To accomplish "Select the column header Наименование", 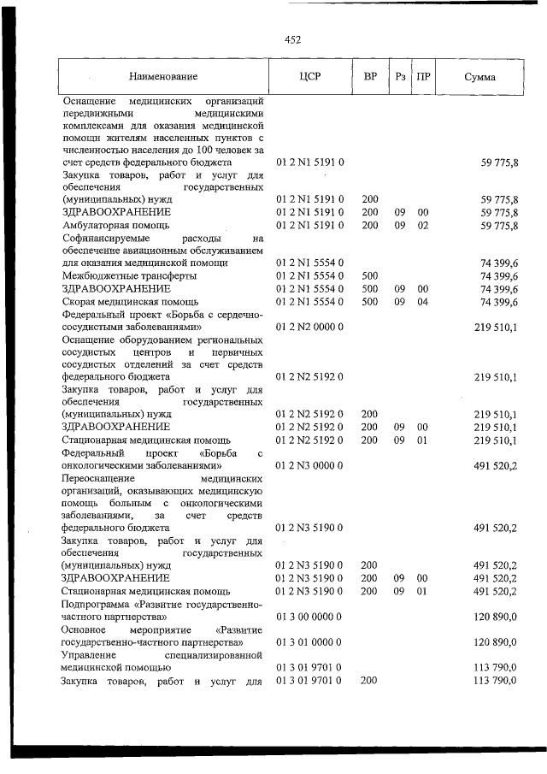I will pos(163,77).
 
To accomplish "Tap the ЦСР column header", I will pos(309,77).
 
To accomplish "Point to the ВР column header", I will pos(370,77).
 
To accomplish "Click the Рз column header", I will pos(399,77).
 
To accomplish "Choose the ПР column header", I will pos(422,77).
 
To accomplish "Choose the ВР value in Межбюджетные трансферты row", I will pos(370,276).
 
